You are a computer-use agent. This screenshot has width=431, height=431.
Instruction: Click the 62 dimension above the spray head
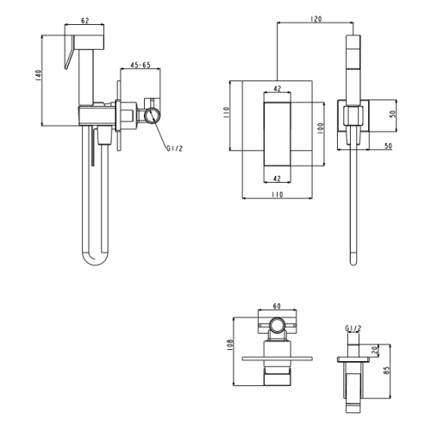pyautogui.click(x=85, y=21)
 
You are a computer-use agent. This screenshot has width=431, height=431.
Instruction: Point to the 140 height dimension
pyautogui.click(x=39, y=75)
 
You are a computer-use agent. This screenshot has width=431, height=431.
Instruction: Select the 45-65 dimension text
pyautogui.click(x=141, y=65)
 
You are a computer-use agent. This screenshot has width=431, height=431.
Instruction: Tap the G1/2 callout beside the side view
pyautogui.click(x=174, y=148)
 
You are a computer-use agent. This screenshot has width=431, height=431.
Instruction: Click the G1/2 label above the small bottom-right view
pyautogui.click(x=353, y=328)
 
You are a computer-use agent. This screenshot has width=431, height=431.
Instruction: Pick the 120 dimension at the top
pyautogui.click(x=316, y=19)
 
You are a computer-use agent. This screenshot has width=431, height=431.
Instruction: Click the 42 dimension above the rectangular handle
pyautogui.click(x=278, y=89)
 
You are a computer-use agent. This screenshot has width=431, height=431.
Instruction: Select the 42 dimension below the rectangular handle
pyautogui.click(x=277, y=178)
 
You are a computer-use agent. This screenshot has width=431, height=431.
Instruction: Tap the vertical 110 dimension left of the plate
pyautogui.click(x=227, y=113)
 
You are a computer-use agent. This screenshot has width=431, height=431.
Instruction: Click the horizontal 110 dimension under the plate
pyautogui.click(x=278, y=195)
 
